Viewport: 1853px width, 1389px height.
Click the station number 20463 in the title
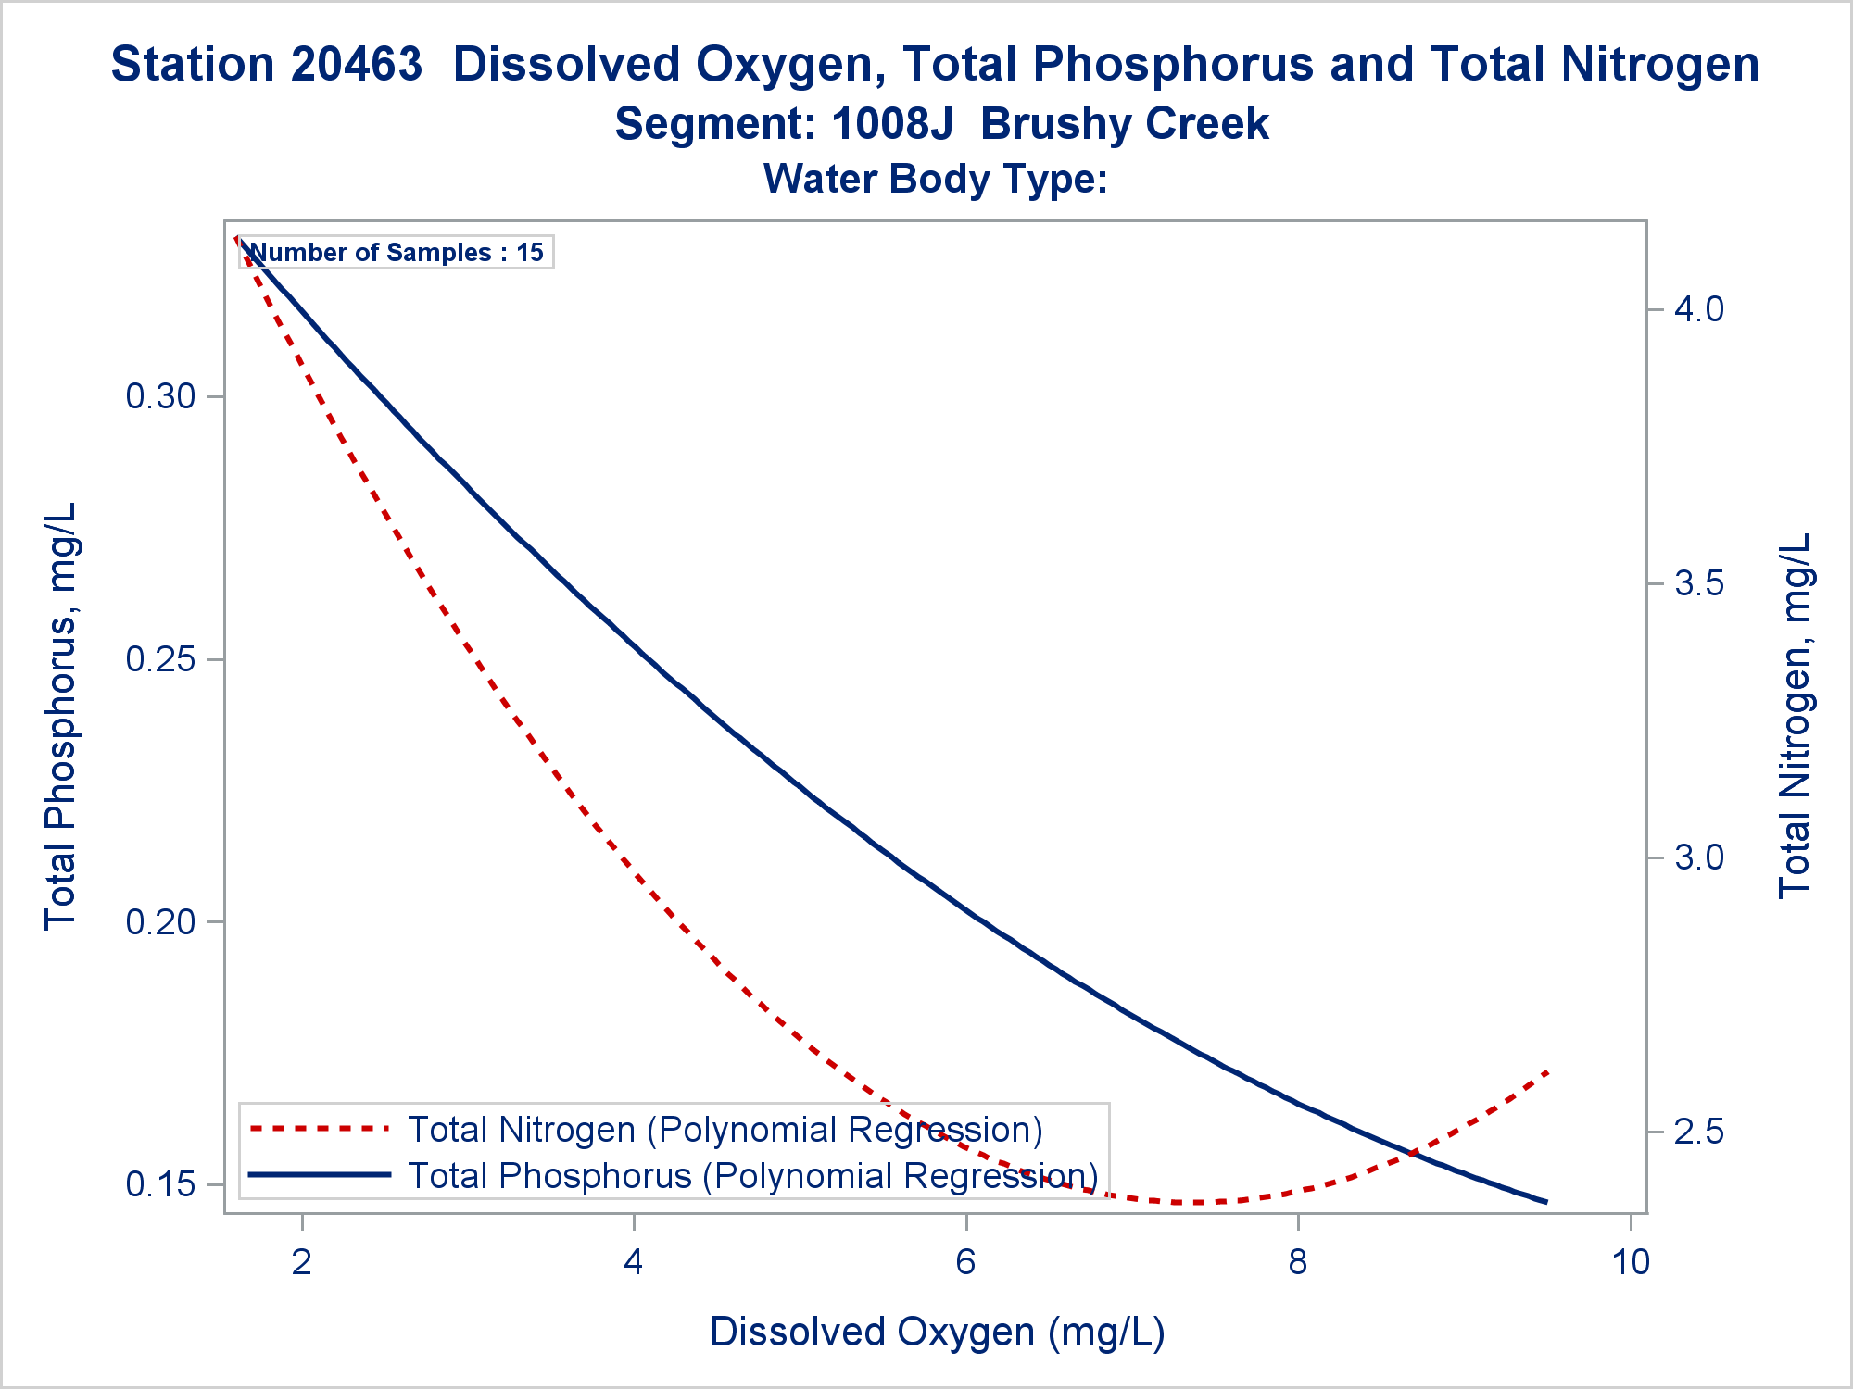click(x=356, y=65)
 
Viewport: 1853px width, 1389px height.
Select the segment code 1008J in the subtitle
click(x=892, y=124)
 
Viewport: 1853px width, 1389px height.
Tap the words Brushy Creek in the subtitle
click(x=1124, y=124)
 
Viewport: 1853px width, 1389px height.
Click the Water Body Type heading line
click(x=935, y=179)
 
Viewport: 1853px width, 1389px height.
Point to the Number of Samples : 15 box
click(x=397, y=253)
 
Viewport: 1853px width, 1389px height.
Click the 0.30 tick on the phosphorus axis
click(x=160, y=397)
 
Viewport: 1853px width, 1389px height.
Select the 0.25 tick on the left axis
click(x=160, y=660)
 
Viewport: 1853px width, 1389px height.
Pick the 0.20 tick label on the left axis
click(x=160, y=922)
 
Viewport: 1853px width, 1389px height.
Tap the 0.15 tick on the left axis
click(x=160, y=1185)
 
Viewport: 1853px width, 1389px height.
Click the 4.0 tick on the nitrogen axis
click(x=1699, y=309)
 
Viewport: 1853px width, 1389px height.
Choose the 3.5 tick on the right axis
click(x=1699, y=583)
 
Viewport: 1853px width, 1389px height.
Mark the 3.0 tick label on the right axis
click(x=1699, y=857)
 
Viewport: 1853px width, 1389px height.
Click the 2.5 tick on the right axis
click(x=1699, y=1132)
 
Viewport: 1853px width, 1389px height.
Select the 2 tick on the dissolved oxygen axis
click(x=302, y=1262)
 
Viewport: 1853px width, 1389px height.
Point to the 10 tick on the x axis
click(x=1631, y=1262)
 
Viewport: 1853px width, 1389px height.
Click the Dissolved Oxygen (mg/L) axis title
click(x=937, y=1333)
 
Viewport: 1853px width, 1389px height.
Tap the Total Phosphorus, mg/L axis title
click(x=61, y=716)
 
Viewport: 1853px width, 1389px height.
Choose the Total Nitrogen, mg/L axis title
click(x=1794, y=716)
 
